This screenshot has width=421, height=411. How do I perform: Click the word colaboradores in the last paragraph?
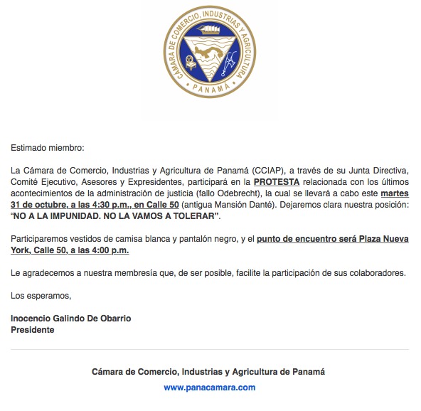tap(379, 272)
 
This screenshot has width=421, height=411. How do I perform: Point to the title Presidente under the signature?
tap(33, 329)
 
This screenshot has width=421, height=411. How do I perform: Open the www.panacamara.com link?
tap(209, 388)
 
